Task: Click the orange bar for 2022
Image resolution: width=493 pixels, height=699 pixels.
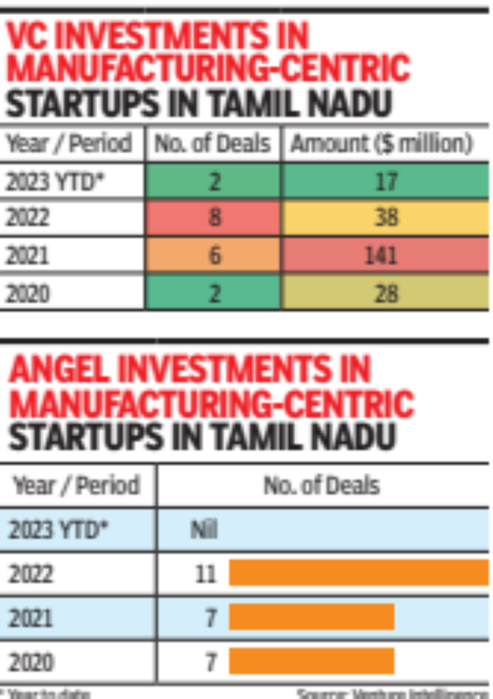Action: point(357,573)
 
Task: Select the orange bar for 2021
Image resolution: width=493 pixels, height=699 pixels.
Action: point(311,617)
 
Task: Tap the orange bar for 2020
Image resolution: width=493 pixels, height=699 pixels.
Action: point(311,661)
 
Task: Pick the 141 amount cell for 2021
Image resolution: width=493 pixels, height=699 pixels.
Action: point(385,255)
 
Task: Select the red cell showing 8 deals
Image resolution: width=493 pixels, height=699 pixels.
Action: point(214,218)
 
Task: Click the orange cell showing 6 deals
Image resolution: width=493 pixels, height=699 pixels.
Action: point(214,255)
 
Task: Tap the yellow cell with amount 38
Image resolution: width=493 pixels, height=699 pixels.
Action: point(385,218)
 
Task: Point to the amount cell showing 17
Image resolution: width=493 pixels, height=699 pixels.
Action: point(385,181)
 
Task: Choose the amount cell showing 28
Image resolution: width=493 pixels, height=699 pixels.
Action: point(385,293)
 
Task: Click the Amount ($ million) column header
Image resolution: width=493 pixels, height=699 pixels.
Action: point(383,144)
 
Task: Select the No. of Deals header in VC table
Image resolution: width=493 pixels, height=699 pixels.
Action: point(213,144)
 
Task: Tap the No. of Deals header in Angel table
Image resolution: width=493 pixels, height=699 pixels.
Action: point(321,485)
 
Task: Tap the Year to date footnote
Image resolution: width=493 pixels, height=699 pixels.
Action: point(46,693)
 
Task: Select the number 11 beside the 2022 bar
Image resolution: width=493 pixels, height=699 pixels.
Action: point(207,573)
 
